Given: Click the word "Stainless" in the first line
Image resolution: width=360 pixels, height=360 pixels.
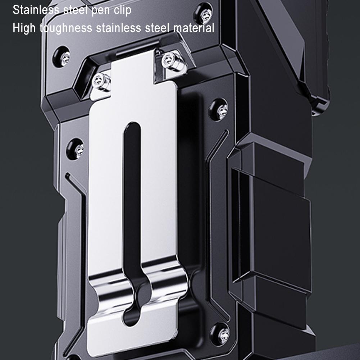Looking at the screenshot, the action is pos(36,10).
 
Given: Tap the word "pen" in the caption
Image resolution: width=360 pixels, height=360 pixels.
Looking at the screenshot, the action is pos(100,11).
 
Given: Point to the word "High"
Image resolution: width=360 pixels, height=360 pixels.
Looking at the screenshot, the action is pos(24,28).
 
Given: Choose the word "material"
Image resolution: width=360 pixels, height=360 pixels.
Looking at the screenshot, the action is pos(193,28).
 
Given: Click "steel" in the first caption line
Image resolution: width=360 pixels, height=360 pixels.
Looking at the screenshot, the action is pos(75,10).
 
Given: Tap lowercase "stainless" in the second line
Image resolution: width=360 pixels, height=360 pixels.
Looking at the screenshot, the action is pos(118,28).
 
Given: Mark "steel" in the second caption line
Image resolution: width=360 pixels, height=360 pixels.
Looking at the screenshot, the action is pos(157,28).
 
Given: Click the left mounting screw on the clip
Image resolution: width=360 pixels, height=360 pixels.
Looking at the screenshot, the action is pos(101,82).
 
